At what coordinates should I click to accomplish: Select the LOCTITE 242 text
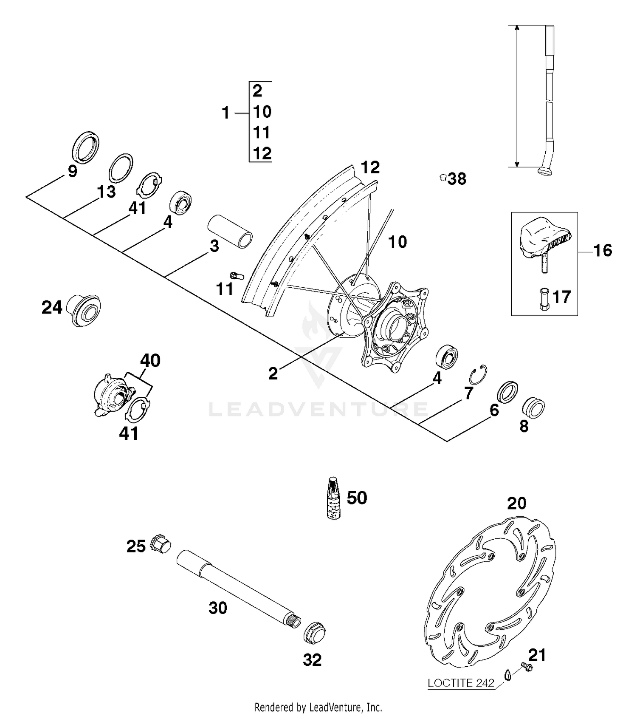461,683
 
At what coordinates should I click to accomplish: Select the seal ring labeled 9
86,147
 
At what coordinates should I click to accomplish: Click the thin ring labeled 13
121,167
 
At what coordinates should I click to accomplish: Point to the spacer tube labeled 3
230,233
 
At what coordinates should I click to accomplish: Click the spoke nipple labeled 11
237,275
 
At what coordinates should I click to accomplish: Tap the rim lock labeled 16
544,240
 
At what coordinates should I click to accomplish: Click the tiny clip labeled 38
443,178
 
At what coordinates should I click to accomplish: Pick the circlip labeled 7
478,374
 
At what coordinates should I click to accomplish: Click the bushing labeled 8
533,408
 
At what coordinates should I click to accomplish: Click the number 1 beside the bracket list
226,113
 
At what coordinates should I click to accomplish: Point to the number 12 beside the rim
370,168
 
